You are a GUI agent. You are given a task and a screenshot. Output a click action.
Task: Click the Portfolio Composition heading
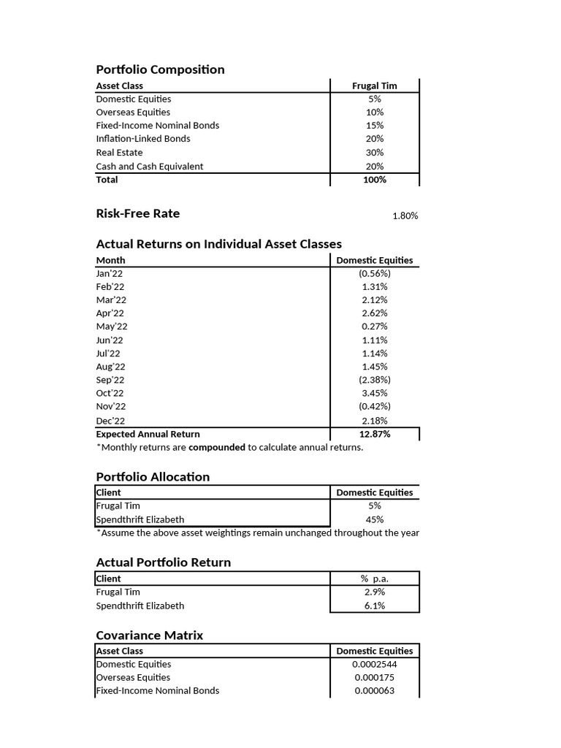[160, 69]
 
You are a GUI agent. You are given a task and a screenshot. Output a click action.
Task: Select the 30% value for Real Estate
[374, 153]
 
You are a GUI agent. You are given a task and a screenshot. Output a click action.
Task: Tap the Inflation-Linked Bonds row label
[142, 139]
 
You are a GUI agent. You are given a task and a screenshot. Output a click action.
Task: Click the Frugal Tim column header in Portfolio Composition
[374, 85]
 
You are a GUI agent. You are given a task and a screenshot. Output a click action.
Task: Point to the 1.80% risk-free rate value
[405, 216]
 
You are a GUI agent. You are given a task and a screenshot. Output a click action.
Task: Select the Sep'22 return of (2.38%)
[374, 380]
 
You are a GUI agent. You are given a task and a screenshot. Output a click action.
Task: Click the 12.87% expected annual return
[374, 434]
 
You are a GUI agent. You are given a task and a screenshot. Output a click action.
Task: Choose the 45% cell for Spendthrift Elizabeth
[374, 519]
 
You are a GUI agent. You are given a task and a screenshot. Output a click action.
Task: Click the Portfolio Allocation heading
[153, 477]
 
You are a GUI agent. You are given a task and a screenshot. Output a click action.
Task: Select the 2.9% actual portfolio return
[374, 592]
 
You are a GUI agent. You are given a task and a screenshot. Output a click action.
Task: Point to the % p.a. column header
[374, 579]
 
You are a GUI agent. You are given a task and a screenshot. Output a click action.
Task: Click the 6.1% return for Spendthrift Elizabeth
[374, 606]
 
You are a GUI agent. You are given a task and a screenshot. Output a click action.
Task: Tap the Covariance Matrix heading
[149, 636]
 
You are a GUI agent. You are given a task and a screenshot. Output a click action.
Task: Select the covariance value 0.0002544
[374, 664]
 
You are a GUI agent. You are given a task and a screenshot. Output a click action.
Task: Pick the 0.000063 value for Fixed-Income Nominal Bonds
[374, 690]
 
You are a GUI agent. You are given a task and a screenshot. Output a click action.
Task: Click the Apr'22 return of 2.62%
[374, 313]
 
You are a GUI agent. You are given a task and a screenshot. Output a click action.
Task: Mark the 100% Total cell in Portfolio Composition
[374, 180]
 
